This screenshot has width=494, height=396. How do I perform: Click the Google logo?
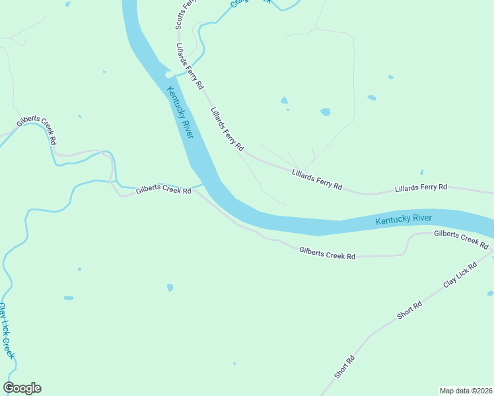22,388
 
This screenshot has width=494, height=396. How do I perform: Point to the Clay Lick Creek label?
7,330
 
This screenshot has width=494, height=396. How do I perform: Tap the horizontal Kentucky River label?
404,219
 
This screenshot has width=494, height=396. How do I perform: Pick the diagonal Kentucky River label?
180,112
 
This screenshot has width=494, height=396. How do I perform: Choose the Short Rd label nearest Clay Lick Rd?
409,310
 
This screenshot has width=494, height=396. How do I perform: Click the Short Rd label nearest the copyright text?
345,367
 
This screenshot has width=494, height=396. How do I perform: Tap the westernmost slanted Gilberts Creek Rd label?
37,129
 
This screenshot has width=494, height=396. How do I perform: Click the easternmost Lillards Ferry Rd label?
421,188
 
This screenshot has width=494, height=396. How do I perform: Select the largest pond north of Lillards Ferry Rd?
325,112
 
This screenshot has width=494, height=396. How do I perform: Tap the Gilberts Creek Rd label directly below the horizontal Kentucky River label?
327,252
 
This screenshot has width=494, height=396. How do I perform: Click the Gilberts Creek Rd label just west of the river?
163,191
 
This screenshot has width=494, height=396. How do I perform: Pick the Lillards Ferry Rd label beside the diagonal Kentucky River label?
227,129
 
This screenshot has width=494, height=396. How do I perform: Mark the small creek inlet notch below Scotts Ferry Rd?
170,74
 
